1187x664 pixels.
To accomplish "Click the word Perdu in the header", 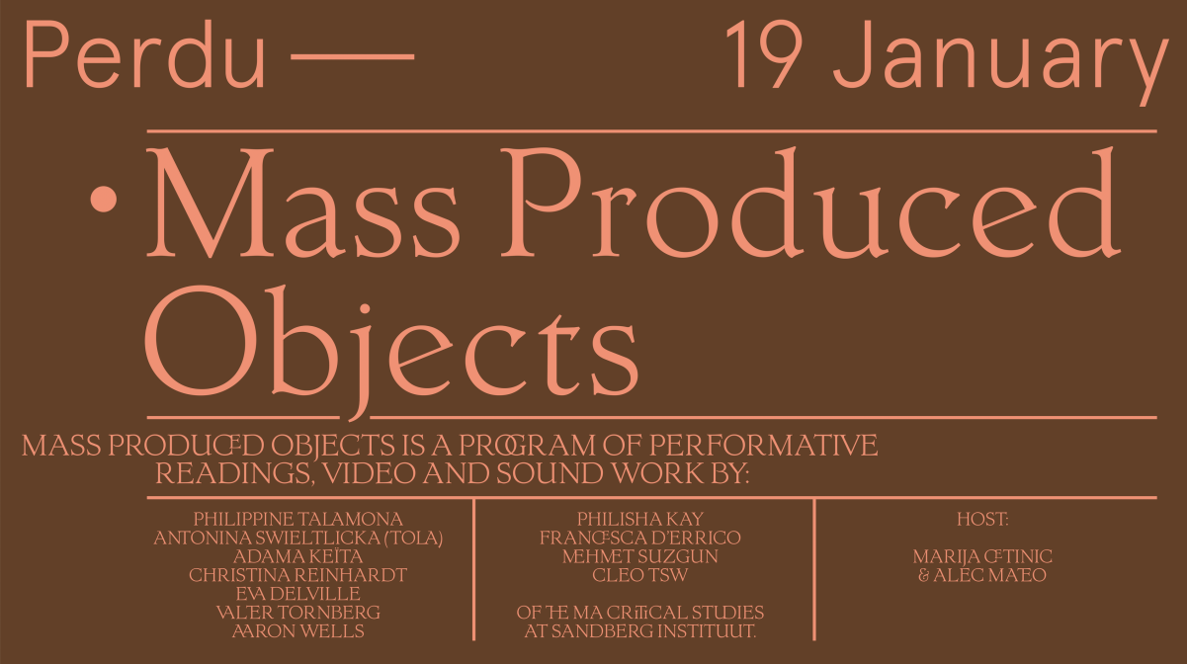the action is click(x=144, y=54).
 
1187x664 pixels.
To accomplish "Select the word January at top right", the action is click(x=1000, y=62).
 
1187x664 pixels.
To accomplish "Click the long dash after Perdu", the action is click(x=353, y=56).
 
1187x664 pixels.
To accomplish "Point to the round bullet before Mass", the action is click(x=104, y=200).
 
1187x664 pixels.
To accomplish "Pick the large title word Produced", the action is click(x=810, y=203).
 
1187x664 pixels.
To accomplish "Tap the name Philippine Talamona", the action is click(x=297, y=519).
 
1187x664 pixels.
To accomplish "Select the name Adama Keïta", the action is click(x=297, y=556).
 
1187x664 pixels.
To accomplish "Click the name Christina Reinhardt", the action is click(x=297, y=575).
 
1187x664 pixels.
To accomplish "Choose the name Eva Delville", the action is click(x=297, y=594).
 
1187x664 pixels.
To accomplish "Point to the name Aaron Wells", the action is click(x=297, y=631).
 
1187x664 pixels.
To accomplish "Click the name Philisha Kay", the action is click(x=640, y=519).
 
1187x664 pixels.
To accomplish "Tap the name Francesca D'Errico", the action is click(x=640, y=538).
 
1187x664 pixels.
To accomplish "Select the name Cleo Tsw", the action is click(x=640, y=575).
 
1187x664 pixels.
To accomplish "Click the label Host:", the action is click(x=982, y=519).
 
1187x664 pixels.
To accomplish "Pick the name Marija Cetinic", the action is click(x=982, y=556).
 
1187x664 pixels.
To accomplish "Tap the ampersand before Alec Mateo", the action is click(x=924, y=575).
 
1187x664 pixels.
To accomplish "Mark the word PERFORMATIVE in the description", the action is click(x=764, y=446).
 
